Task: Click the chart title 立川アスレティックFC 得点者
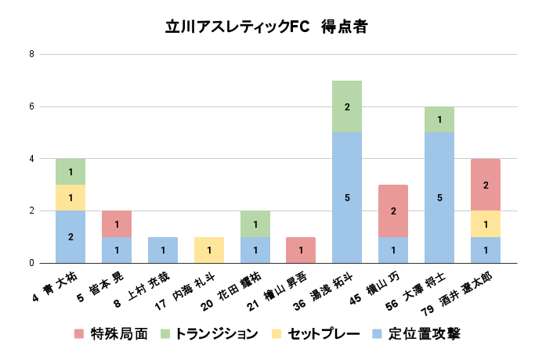(x=266, y=26)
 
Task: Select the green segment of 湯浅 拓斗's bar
(x=347, y=106)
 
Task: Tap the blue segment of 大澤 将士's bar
(x=439, y=197)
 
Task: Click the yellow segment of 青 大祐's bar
(x=70, y=197)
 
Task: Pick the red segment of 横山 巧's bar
(x=393, y=211)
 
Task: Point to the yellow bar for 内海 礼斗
(x=208, y=250)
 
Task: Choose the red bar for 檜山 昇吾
(x=301, y=250)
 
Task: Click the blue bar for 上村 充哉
(x=163, y=250)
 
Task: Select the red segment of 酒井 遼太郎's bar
(x=486, y=185)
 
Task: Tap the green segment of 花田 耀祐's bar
(x=255, y=224)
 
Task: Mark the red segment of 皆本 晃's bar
(x=117, y=224)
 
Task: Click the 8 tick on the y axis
(x=31, y=54)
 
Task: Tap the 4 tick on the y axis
(x=31, y=159)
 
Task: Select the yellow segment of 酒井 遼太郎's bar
(x=486, y=224)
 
